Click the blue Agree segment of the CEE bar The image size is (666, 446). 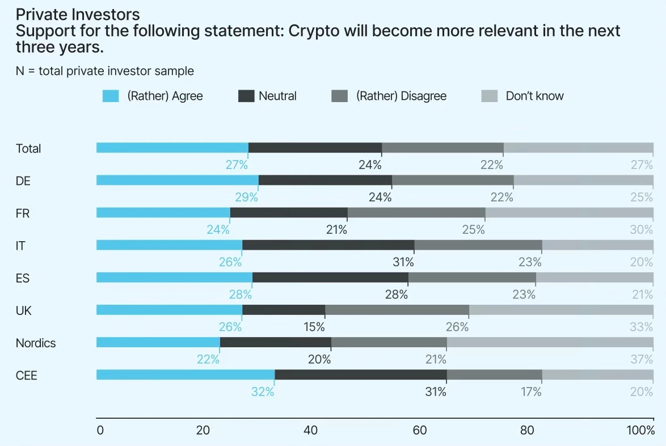(186, 375)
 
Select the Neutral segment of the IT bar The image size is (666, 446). (328, 245)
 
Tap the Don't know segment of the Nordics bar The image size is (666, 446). (550, 343)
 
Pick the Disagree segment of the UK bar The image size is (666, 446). (397, 310)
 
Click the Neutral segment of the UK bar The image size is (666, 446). (284, 310)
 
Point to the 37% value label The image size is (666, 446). (642, 359)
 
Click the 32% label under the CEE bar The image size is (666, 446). (263, 392)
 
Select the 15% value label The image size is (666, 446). (314, 327)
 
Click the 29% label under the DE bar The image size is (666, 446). (247, 197)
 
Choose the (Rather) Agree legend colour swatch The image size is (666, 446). (111, 96)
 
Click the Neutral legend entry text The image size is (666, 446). (277, 96)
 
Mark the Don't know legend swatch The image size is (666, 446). (489, 96)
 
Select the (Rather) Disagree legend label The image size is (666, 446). (401, 96)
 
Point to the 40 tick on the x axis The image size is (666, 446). (310, 430)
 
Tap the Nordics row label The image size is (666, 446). (36, 343)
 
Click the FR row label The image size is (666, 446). (23, 214)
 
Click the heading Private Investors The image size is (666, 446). (78, 14)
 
